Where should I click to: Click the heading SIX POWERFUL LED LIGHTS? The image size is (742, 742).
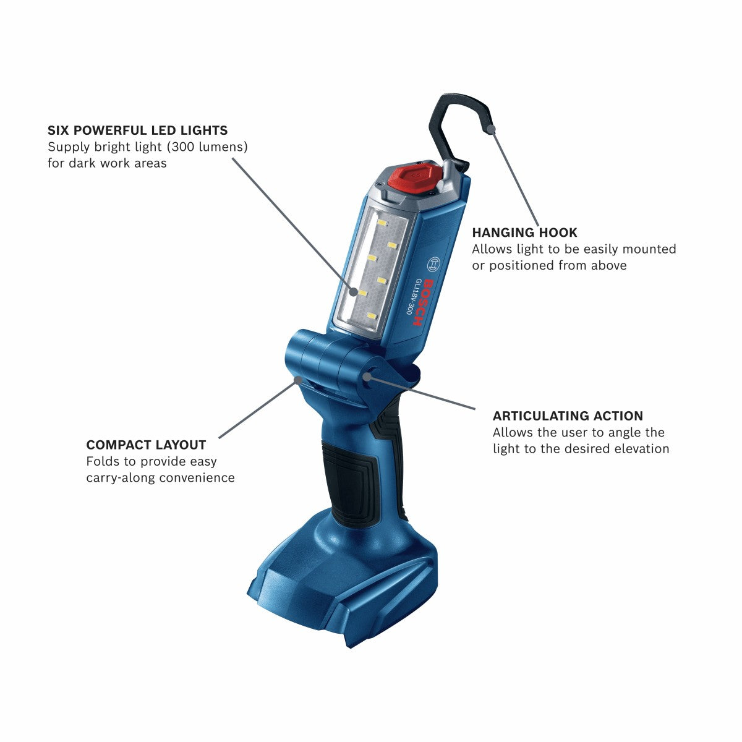point(137,130)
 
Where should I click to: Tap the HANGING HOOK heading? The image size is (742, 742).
point(524,232)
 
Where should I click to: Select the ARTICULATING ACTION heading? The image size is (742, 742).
point(568,416)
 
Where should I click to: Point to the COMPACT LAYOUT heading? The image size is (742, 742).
point(146,445)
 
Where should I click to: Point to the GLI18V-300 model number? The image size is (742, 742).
point(411,297)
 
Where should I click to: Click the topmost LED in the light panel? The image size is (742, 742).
point(381,223)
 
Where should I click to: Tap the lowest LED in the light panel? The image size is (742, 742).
point(371,316)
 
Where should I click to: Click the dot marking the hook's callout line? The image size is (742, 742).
point(492,130)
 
